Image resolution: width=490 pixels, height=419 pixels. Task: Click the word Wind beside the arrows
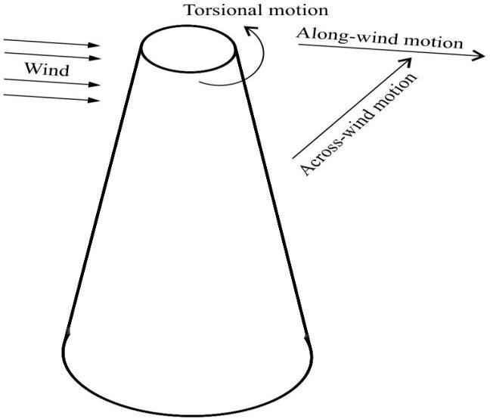pos(46,70)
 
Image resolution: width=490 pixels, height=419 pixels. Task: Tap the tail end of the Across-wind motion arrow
pos(293,158)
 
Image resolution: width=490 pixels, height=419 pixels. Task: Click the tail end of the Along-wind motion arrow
pos(299,45)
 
